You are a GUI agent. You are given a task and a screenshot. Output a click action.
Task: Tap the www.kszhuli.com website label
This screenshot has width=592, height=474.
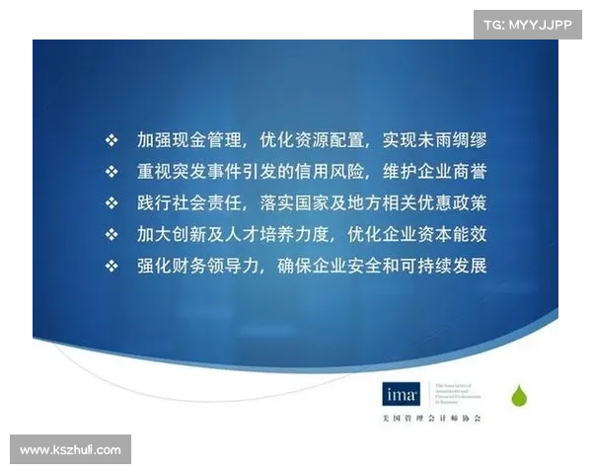click(70, 450)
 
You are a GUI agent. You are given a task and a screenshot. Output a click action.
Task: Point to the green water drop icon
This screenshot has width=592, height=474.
click(518, 397)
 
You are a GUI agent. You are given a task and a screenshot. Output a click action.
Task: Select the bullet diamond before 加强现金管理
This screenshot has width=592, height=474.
click(111, 139)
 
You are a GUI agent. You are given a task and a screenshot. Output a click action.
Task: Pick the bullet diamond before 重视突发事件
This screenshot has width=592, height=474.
click(111, 171)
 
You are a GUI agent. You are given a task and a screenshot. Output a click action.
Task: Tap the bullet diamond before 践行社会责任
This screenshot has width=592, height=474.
click(111, 202)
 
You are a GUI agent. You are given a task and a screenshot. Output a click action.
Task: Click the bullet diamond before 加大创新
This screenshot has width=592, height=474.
click(111, 235)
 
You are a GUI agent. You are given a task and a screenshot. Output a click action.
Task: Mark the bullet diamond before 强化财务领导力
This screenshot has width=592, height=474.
click(111, 267)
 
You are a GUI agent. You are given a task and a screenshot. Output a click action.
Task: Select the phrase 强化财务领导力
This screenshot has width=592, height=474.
click(198, 267)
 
